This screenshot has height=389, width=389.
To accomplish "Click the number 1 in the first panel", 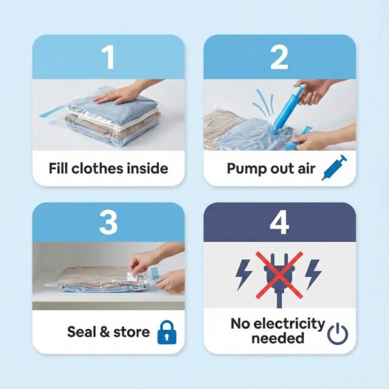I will pos(108,58).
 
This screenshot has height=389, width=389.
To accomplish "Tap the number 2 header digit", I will pos(279,58).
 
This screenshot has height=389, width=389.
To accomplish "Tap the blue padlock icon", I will pos(166,333).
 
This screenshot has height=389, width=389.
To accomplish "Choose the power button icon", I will pos(337,333).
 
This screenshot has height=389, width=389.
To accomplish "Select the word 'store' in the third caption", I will pos(132,333).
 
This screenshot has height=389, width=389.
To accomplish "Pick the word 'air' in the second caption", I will pos(303,169).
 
